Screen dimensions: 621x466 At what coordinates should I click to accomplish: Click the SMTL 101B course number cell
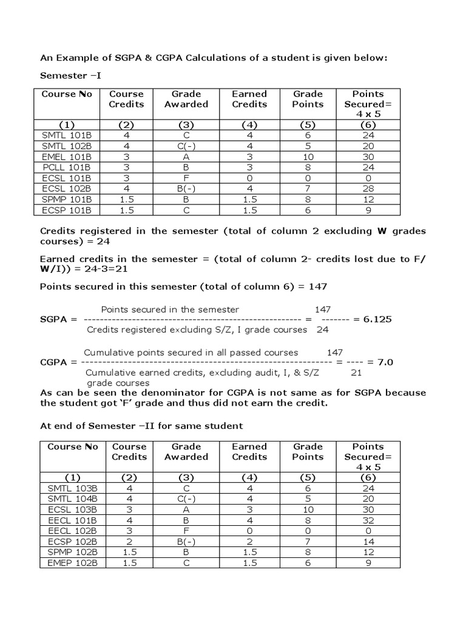tap(66, 136)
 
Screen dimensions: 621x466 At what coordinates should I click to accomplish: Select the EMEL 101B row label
tap(66, 157)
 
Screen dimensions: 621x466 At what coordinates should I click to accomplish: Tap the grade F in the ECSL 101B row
tap(186, 178)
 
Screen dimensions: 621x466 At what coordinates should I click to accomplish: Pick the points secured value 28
tap(368, 189)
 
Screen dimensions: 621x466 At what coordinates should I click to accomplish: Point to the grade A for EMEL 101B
tap(186, 157)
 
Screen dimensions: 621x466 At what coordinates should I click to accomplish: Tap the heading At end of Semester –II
tap(141, 425)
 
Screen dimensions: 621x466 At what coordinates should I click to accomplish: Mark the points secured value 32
tap(368, 519)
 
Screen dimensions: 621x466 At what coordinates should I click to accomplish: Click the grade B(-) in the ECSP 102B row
tap(186, 541)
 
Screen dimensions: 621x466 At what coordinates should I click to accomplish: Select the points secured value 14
tap(368, 541)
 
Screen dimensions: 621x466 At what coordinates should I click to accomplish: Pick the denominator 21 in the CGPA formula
tap(356, 372)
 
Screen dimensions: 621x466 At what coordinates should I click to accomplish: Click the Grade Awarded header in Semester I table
tap(186, 99)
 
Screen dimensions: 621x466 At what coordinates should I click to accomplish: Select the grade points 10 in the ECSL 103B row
tap(309, 509)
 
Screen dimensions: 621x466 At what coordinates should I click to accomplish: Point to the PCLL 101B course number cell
tap(66, 168)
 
